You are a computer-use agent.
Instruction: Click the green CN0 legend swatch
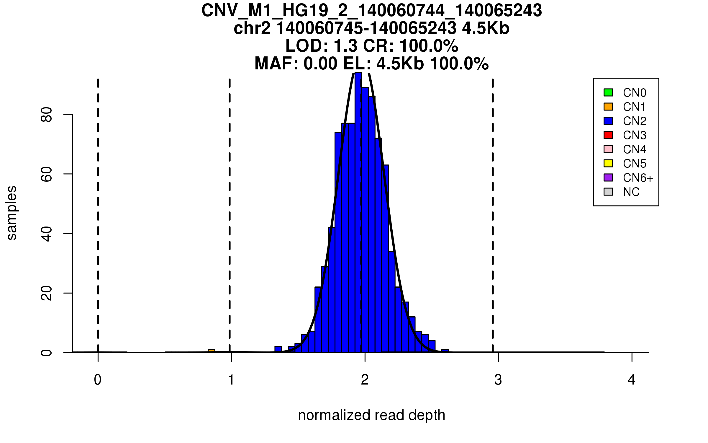[x=608, y=92]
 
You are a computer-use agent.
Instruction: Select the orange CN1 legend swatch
[x=608, y=107]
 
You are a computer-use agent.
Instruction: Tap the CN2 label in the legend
[x=635, y=121]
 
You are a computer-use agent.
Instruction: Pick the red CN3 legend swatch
[x=608, y=135]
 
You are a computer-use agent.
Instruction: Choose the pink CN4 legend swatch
[x=608, y=149]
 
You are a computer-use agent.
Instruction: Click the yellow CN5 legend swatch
[x=608, y=163]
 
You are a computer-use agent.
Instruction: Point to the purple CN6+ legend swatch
[x=608, y=177]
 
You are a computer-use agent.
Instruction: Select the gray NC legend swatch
[x=608, y=192]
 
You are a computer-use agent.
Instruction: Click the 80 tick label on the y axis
[x=47, y=115]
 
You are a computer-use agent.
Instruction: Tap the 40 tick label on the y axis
[x=47, y=234]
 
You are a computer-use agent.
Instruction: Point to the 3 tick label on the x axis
[x=498, y=380]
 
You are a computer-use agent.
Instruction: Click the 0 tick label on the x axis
[x=98, y=380]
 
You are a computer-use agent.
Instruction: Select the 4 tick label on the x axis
[x=632, y=380]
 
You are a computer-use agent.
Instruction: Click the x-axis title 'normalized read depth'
[x=371, y=415]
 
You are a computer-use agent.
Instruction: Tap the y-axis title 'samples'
[x=12, y=213]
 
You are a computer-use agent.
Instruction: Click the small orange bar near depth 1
[x=212, y=351]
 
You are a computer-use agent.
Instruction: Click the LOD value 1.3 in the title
[x=345, y=46]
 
